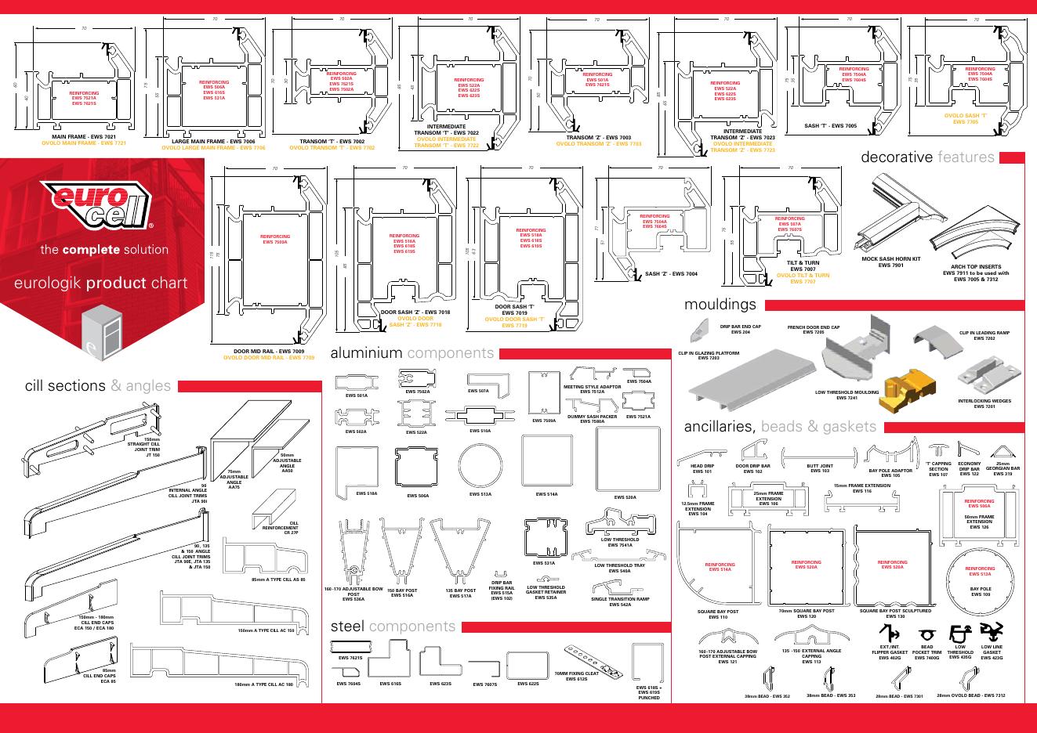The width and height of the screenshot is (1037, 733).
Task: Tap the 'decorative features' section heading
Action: (x=927, y=157)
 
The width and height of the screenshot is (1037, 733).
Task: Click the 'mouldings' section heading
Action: (x=720, y=304)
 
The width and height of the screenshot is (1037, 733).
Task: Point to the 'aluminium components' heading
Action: (x=412, y=353)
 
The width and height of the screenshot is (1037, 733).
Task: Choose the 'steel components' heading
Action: (x=393, y=626)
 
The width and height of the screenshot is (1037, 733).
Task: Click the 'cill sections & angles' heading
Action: (x=97, y=385)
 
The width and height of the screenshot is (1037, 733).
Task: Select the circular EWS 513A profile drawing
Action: (x=480, y=466)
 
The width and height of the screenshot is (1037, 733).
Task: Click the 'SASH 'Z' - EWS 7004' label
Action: (x=670, y=274)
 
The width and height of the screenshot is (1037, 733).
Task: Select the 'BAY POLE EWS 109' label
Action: (x=980, y=591)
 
